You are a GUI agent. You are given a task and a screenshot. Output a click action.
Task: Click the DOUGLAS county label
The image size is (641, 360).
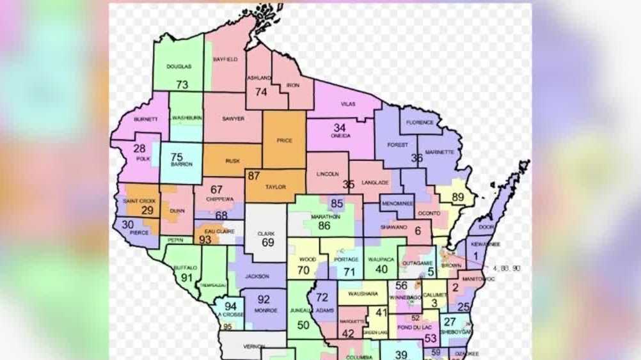pos(178,67)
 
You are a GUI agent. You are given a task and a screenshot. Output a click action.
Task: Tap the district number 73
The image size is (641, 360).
pos(182,84)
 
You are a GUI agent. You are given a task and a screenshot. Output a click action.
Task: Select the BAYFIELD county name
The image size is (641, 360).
pos(225,59)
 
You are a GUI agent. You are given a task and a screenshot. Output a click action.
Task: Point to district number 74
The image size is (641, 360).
pos(260,92)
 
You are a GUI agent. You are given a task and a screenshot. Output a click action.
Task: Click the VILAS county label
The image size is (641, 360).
pos(347,103)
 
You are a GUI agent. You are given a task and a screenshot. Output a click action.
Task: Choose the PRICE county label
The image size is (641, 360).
pos(284,140)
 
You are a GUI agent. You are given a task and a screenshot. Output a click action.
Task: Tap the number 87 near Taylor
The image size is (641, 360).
pos(254,176)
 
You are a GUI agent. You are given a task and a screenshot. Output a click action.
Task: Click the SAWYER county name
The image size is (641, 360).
pos(233,118)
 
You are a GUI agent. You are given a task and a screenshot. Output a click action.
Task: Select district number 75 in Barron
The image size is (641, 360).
pos(177,157)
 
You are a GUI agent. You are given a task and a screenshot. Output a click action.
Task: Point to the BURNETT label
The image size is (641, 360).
pos(145,120)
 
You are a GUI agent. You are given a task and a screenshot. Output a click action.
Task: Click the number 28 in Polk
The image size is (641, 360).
pos(139,148)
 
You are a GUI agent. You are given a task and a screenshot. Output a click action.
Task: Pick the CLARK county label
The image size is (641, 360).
pos(266,234)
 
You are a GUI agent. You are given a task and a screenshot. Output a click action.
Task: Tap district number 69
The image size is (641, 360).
pos(267,243)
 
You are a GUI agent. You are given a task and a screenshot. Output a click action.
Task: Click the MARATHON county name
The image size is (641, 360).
pos(325,217)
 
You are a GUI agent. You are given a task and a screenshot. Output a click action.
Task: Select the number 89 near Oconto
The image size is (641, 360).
pos(457,197)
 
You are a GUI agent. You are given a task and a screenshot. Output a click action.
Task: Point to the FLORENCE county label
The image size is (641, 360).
pos(420,122)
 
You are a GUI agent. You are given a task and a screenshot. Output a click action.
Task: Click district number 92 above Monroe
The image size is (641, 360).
pos(264,299)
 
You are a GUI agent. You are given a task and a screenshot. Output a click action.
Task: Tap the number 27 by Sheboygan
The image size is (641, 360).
pos(450,322)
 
